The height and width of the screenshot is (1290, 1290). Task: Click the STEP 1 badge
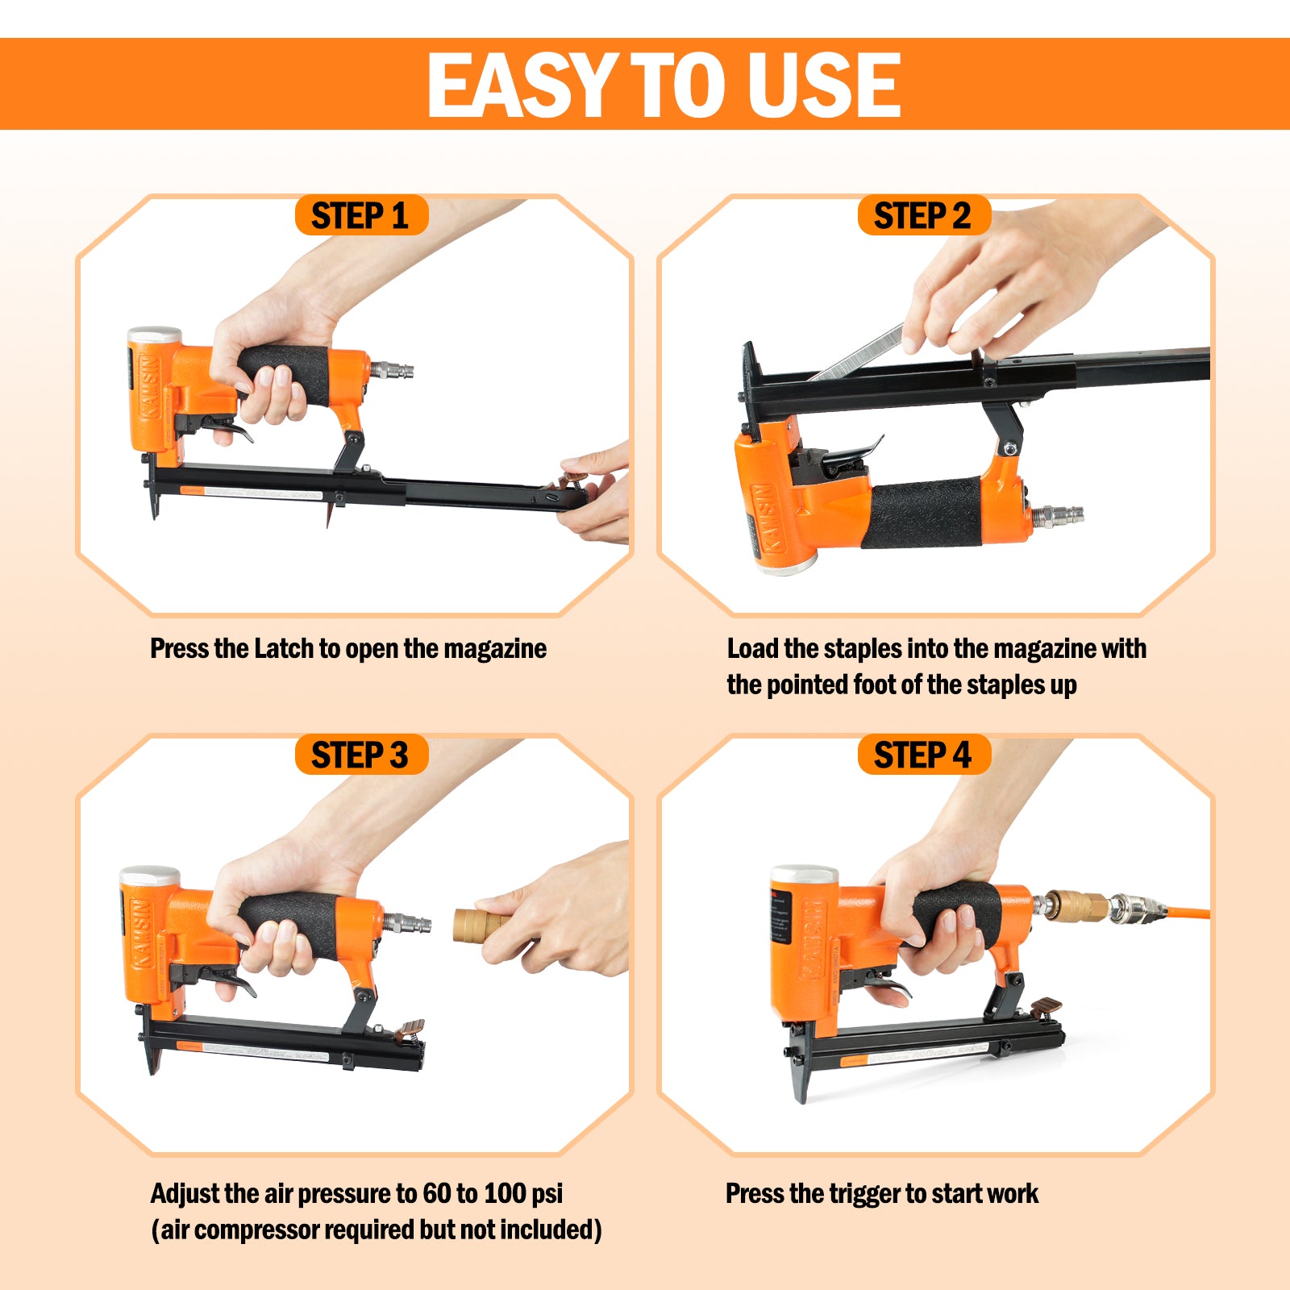pyautogui.click(x=360, y=216)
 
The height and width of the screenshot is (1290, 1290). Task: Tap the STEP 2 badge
pyautogui.click(x=922, y=216)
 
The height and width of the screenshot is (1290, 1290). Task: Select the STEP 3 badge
pyautogui.click(x=360, y=755)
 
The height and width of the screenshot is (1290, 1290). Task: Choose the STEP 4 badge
pyautogui.click(x=922, y=755)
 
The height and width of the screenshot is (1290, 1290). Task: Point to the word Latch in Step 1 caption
pyautogui.click(x=283, y=648)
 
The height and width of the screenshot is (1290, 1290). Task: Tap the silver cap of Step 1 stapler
pyautogui.click(x=154, y=335)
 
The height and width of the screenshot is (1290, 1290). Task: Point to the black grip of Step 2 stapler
pyautogui.click(x=924, y=512)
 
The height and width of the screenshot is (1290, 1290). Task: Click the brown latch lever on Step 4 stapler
pyautogui.click(x=1046, y=1005)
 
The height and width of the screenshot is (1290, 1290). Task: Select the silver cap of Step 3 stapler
pyautogui.click(x=149, y=876)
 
